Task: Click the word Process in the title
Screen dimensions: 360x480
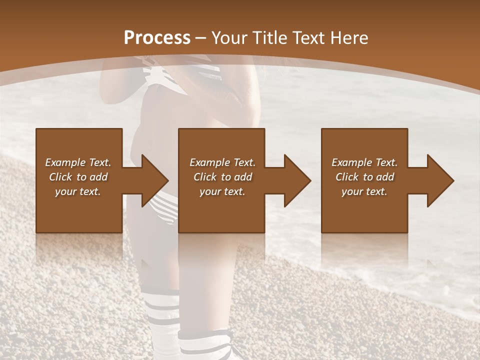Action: coord(157,38)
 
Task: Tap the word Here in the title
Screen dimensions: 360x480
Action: coord(348,38)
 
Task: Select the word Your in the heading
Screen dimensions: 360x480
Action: coord(231,38)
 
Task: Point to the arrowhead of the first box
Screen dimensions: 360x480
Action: coord(155,180)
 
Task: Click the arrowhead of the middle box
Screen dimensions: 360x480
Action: coord(297,180)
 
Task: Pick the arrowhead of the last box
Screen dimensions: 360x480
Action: coord(440,180)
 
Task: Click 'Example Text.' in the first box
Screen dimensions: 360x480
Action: coord(78,162)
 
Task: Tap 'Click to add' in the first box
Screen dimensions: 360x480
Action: coord(78,177)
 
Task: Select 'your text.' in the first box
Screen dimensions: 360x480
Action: coord(78,191)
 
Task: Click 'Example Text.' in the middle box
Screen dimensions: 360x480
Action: coord(222,162)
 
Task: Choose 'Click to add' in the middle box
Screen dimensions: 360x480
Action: coord(222,177)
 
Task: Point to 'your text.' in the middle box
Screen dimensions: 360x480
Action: coord(222,191)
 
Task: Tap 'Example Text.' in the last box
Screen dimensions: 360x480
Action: coord(364,162)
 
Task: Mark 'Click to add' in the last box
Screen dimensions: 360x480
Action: coord(364,177)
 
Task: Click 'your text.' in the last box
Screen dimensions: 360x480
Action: coord(364,191)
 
